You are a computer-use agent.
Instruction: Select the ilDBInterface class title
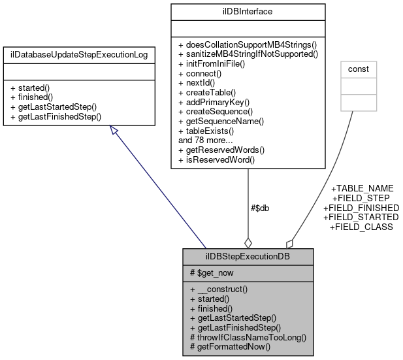point(248,12)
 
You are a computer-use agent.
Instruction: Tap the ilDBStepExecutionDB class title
point(248,255)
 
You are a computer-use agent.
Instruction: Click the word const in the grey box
point(359,69)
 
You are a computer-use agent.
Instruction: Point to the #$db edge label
point(260,208)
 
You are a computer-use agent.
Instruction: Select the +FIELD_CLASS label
point(361,227)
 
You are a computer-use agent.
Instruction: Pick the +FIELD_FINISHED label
point(361,208)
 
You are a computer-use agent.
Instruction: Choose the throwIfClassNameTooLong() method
point(248,338)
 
